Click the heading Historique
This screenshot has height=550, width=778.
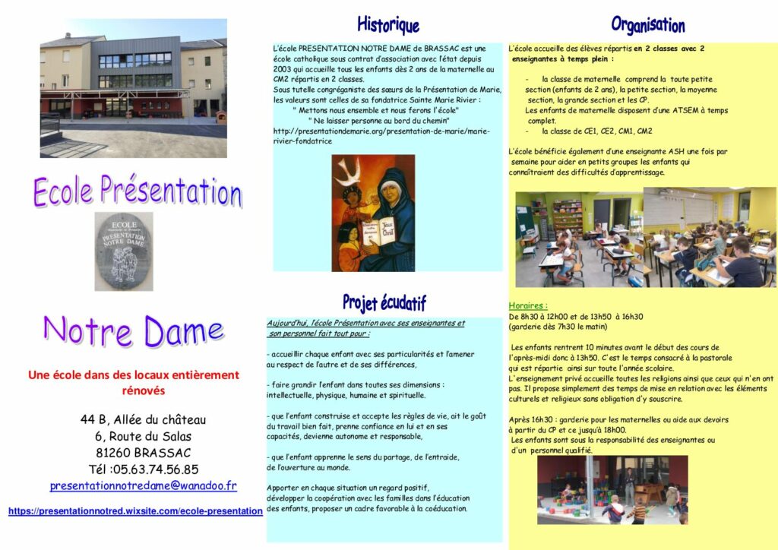pyautogui.click(x=388, y=24)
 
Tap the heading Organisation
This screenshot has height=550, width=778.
pyautogui.click(x=647, y=24)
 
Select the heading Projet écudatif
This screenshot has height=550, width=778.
pyautogui.click(x=384, y=302)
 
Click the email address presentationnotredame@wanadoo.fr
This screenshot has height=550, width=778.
pyautogui.click(x=143, y=485)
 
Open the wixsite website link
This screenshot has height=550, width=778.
pyautogui.click(x=135, y=511)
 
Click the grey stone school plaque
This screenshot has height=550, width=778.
pyautogui.click(x=124, y=251)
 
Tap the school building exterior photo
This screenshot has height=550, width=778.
pyautogui.click(x=134, y=88)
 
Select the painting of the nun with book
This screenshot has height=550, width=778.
pyautogui.click(x=373, y=213)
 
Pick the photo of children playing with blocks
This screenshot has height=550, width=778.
pyautogui.click(x=612, y=489)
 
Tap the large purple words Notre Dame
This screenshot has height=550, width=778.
pyautogui.click(x=133, y=331)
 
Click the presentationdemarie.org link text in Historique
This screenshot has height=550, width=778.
pyautogui.click(x=381, y=131)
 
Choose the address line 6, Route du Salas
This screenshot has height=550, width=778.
pyautogui.click(x=143, y=436)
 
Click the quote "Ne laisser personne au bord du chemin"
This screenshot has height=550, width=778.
pyautogui.click(x=378, y=121)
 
